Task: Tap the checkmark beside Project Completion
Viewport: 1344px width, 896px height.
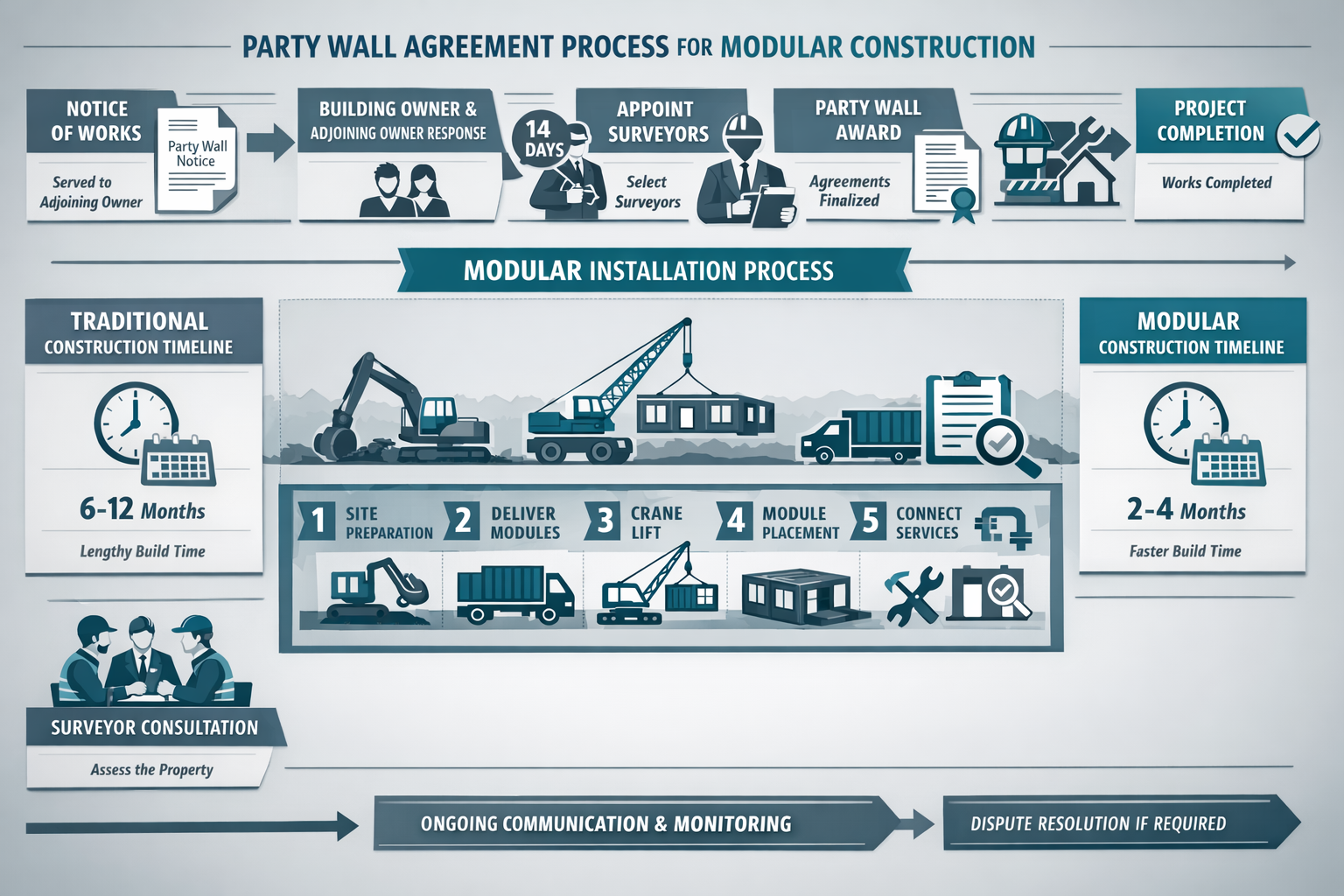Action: coord(1298,135)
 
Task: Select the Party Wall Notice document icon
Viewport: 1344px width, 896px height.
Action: coord(196,158)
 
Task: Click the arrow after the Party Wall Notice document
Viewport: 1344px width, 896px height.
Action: coord(270,142)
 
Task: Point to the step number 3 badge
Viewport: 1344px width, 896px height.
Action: coord(604,521)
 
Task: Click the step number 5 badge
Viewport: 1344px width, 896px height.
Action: coord(870,521)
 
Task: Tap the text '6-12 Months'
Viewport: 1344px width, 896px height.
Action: coord(143,509)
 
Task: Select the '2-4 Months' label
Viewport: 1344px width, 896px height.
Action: coord(1186,509)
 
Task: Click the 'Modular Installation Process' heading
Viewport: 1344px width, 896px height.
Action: coord(648,270)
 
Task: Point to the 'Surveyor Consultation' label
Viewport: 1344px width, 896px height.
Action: coord(154,727)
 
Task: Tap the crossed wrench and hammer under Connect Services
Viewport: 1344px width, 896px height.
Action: coord(913,596)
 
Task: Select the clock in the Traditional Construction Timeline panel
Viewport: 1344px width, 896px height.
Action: coord(134,421)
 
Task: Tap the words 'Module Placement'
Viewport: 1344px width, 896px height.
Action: coord(799,523)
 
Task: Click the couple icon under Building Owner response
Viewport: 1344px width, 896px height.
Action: coord(404,192)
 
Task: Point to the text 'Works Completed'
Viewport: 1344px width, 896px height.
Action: coord(1216,183)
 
